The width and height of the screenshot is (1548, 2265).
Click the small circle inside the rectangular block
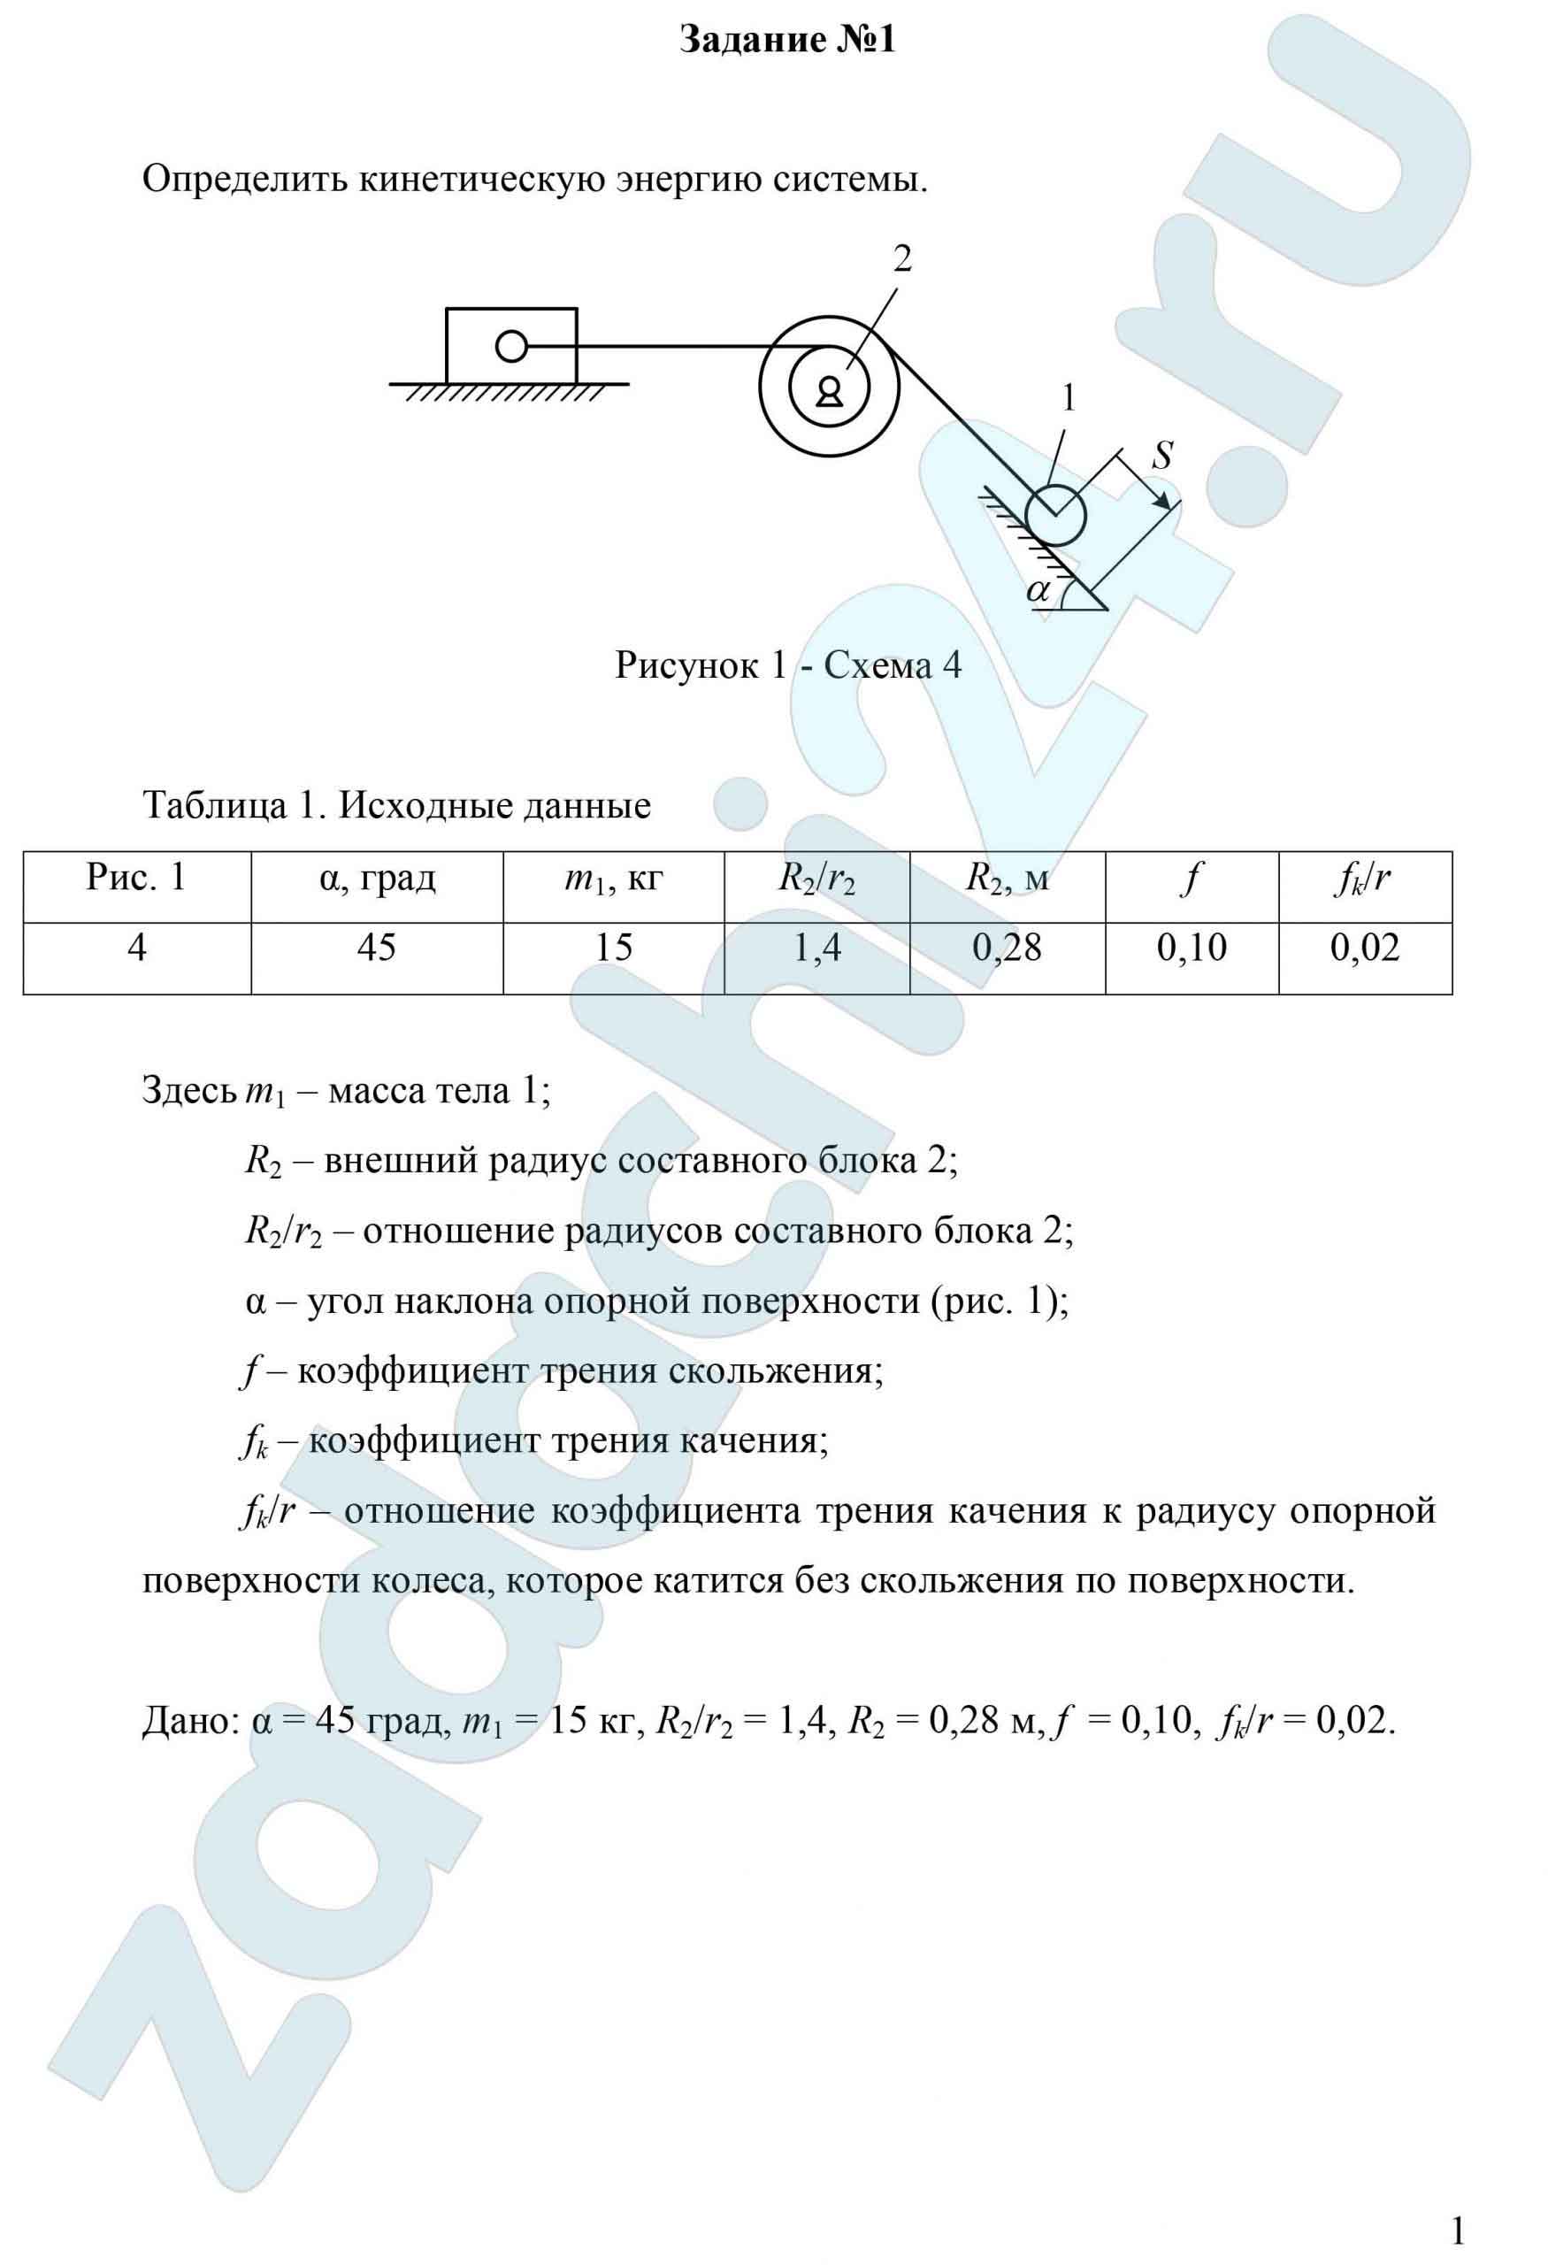tap(511, 346)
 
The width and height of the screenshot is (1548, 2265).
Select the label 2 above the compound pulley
tap(903, 259)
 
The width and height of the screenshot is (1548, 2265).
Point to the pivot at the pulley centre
tap(829, 391)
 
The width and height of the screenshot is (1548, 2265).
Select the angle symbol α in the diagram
tap(1039, 589)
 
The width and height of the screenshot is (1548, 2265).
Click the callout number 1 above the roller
tap(1069, 399)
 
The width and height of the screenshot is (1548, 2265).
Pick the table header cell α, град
tap(377, 879)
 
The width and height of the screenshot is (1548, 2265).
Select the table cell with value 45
tap(377, 948)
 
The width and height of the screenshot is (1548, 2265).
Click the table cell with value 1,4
tap(816, 948)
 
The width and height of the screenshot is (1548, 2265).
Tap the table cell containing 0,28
tap(1008, 948)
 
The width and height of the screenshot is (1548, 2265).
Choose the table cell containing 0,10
tap(1192, 948)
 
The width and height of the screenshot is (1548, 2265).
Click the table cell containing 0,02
tap(1365, 948)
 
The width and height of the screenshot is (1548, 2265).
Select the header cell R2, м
tap(1008, 879)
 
